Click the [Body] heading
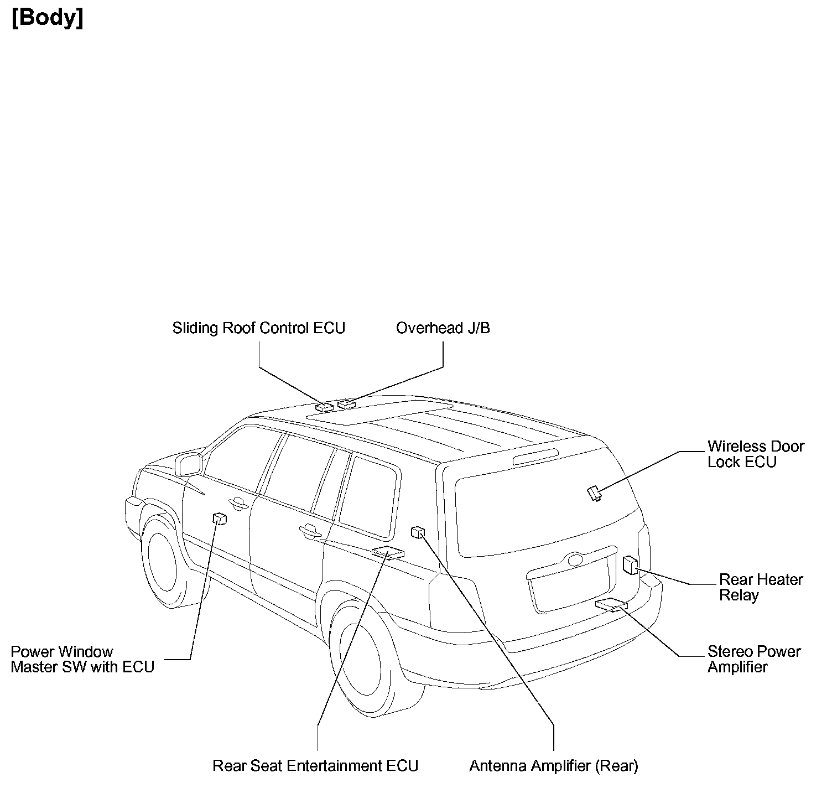[48, 18]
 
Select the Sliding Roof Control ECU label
[258, 328]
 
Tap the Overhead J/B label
[443, 328]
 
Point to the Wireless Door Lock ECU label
[755, 454]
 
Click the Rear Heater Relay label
[760, 587]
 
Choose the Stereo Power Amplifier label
[753, 659]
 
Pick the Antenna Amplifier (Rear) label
[553, 766]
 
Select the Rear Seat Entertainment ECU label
[315, 766]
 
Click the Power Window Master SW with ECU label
[82, 659]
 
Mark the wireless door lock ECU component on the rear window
[594, 492]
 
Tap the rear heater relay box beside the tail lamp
[630, 564]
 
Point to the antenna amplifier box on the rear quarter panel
[418, 532]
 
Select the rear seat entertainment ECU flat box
[388, 552]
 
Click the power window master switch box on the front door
[220, 518]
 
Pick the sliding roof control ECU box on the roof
[324, 407]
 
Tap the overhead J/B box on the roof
[347, 404]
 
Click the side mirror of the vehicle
[189, 464]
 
